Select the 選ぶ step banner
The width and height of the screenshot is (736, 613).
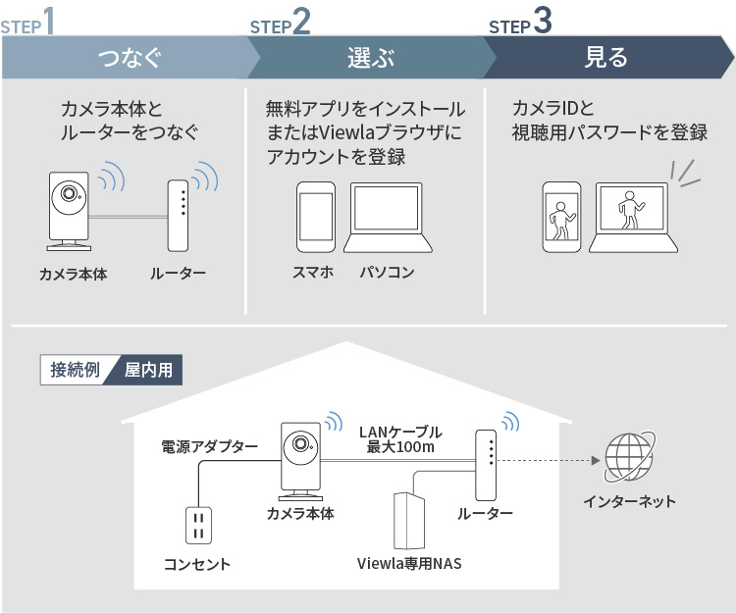click(368, 58)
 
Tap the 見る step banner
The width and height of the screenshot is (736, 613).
click(605, 58)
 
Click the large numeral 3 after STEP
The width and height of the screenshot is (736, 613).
click(543, 22)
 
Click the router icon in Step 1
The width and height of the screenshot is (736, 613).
click(178, 214)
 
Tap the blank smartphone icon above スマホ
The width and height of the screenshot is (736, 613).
click(316, 217)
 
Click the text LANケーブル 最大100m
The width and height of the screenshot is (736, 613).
click(400, 439)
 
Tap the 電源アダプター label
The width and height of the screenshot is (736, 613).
click(209, 446)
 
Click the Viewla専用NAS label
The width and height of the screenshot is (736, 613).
click(409, 564)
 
